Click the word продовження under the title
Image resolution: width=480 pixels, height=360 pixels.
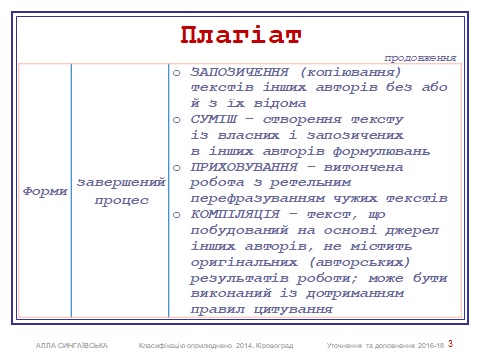tap(421, 58)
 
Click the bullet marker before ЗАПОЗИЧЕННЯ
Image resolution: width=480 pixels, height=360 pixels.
tap(175, 74)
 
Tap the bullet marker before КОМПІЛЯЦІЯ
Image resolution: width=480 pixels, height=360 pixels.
tap(175, 214)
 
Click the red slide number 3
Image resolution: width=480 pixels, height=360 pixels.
tap(451, 344)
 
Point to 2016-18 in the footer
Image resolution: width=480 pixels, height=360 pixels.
tap(426, 345)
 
